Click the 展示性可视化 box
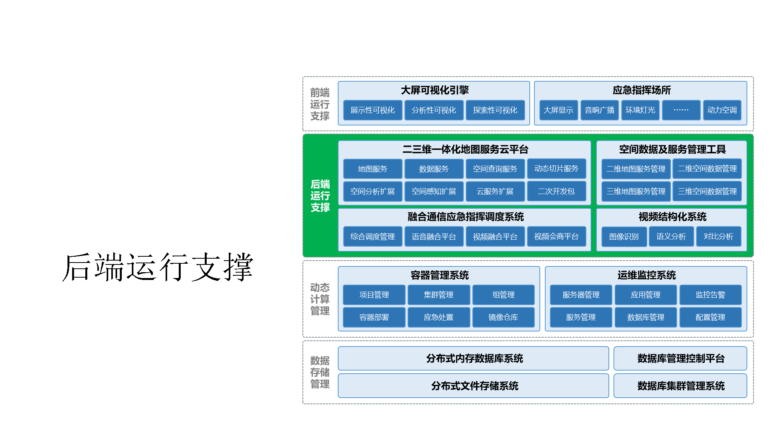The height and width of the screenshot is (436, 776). tap(372, 110)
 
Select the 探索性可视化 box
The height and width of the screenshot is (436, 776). tap(495, 110)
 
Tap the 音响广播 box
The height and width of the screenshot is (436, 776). tap(599, 110)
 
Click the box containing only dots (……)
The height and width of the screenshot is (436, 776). tap(681, 110)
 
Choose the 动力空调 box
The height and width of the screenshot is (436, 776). tap(722, 110)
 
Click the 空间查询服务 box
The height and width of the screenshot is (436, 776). tap(495, 169)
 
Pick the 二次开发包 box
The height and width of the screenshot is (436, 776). tap(556, 191)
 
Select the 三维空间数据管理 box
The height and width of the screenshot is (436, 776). tap(707, 191)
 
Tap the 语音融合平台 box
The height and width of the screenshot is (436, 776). tap(434, 237)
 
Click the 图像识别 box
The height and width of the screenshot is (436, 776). tap(624, 237)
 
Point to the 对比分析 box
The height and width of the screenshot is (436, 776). tap(718, 237)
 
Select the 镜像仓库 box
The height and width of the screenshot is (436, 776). tap(503, 318)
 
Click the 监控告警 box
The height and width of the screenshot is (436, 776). tap(710, 295)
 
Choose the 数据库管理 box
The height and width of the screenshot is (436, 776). tap(645, 318)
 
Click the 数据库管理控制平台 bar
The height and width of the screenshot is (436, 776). tap(680, 359)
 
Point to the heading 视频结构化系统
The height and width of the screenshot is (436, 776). tap(672, 217)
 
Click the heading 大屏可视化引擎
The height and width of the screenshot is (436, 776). tap(434, 90)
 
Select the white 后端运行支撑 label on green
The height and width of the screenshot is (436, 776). tap(320, 196)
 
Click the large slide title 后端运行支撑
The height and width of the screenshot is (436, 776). tap(157, 267)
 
